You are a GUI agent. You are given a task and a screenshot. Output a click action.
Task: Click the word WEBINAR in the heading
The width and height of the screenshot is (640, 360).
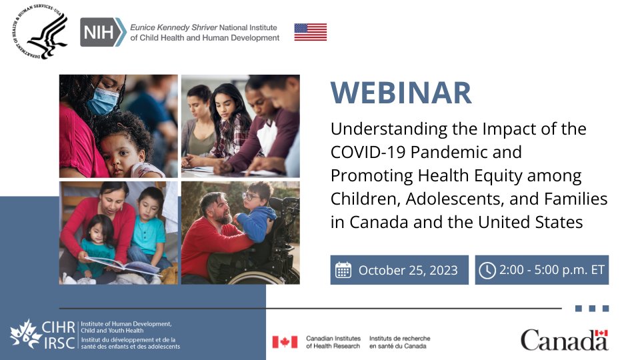click(401, 93)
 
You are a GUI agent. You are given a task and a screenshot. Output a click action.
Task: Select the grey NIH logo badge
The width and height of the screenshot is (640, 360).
click(102, 31)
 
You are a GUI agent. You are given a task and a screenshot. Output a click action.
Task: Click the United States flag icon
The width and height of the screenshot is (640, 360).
click(311, 31)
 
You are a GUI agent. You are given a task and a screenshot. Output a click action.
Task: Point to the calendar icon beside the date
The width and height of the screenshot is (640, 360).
click(343, 270)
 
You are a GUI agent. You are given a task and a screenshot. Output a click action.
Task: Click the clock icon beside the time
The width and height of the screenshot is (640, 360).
click(487, 270)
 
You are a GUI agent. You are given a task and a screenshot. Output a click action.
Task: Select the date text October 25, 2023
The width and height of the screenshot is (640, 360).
click(408, 270)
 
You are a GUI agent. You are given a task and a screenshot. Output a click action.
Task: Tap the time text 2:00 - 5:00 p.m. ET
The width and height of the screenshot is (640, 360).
click(551, 270)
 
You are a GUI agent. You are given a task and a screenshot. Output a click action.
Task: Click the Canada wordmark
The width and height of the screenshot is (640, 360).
click(564, 340)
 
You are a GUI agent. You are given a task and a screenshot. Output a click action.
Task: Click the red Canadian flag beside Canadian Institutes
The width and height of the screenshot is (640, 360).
click(285, 342)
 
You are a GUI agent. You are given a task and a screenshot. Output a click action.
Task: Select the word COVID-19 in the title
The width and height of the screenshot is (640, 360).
click(366, 152)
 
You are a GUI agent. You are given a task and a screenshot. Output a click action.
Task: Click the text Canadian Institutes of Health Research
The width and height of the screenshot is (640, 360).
click(333, 342)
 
